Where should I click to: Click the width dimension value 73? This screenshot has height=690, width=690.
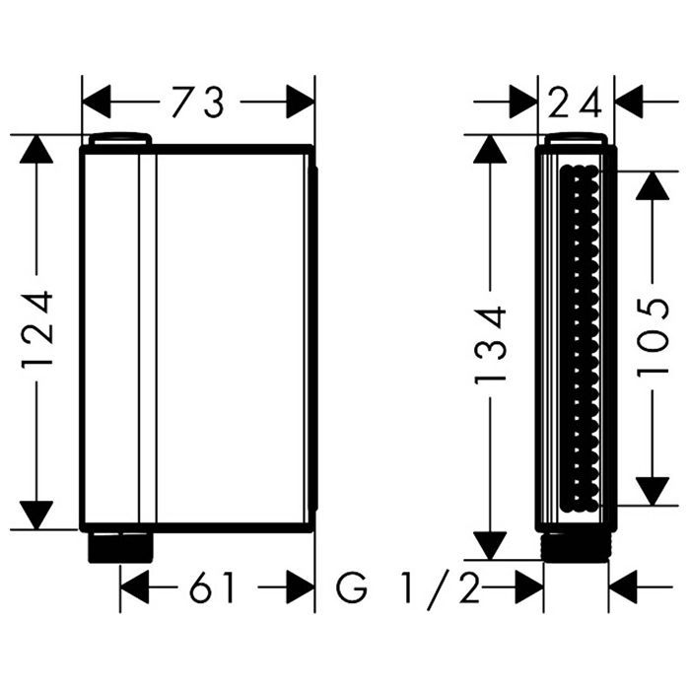pos(198,103)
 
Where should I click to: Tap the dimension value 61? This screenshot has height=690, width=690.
pos(214,589)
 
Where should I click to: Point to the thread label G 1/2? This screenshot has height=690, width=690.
pos(408,589)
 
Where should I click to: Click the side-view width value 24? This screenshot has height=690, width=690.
pos(577,103)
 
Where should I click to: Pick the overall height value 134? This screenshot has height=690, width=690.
pos(490,345)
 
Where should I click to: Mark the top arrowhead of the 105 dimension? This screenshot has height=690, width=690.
pos(653,184)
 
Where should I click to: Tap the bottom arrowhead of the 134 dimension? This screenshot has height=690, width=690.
pos(490,545)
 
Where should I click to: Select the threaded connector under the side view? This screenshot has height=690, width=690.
pos(576,546)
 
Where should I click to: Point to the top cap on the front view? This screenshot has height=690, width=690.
pos(119,140)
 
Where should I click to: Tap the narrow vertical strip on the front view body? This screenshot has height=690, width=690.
pos(148,335)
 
